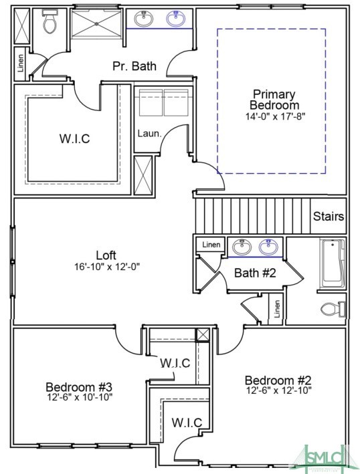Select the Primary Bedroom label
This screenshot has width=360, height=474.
pyautogui.click(x=274, y=100)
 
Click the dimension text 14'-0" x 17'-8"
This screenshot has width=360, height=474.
pyautogui.click(x=274, y=116)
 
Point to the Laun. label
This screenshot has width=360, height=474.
pyautogui.click(x=149, y=133)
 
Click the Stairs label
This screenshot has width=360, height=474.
pyautogui.click(x=329, y=217)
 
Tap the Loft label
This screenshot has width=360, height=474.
pyautogui.click(x=106, y=255)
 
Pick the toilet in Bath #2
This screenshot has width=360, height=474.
pyautogui.click(x=333, y=308)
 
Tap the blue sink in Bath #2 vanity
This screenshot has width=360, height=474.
pyautogui.click(x=269, y=247)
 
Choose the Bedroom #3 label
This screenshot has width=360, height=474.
pyautogui.click(x=78, y=386)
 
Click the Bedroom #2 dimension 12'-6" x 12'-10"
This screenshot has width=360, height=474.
pyautogui.click(x=278, y=390)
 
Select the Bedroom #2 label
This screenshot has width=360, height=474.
pyautogui.click(x=278, y=379)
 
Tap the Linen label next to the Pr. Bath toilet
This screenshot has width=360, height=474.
pyautogui.click(x=20, y=62)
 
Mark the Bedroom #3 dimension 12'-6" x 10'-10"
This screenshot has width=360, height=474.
pyautogui.click(x=79, y=397)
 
